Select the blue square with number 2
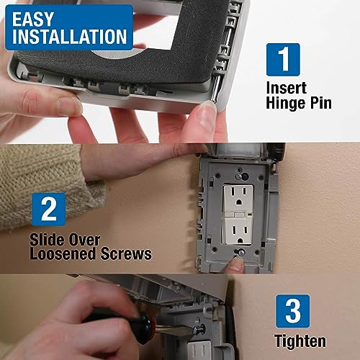pos(48,210)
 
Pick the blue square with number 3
pos(292,310)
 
